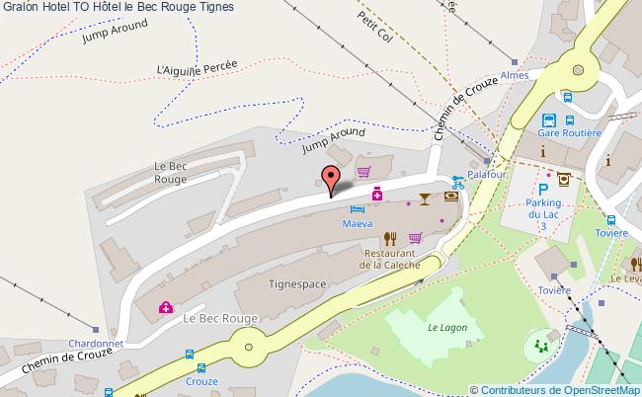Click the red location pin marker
[x=331, y=179]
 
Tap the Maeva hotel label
[x=358, y=224]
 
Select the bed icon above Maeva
[x=358, y=208]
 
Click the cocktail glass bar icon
[x=425, y=198]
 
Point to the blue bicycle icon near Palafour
[x=456, y=182]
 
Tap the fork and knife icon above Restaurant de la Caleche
[x=390, y=237]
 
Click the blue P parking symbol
[x=542, y=188]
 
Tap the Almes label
[x=515, y=75]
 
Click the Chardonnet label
[x=95, y=344]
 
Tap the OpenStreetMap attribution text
[x=556, y=389]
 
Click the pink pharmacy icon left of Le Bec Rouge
[x=166, y=308]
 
